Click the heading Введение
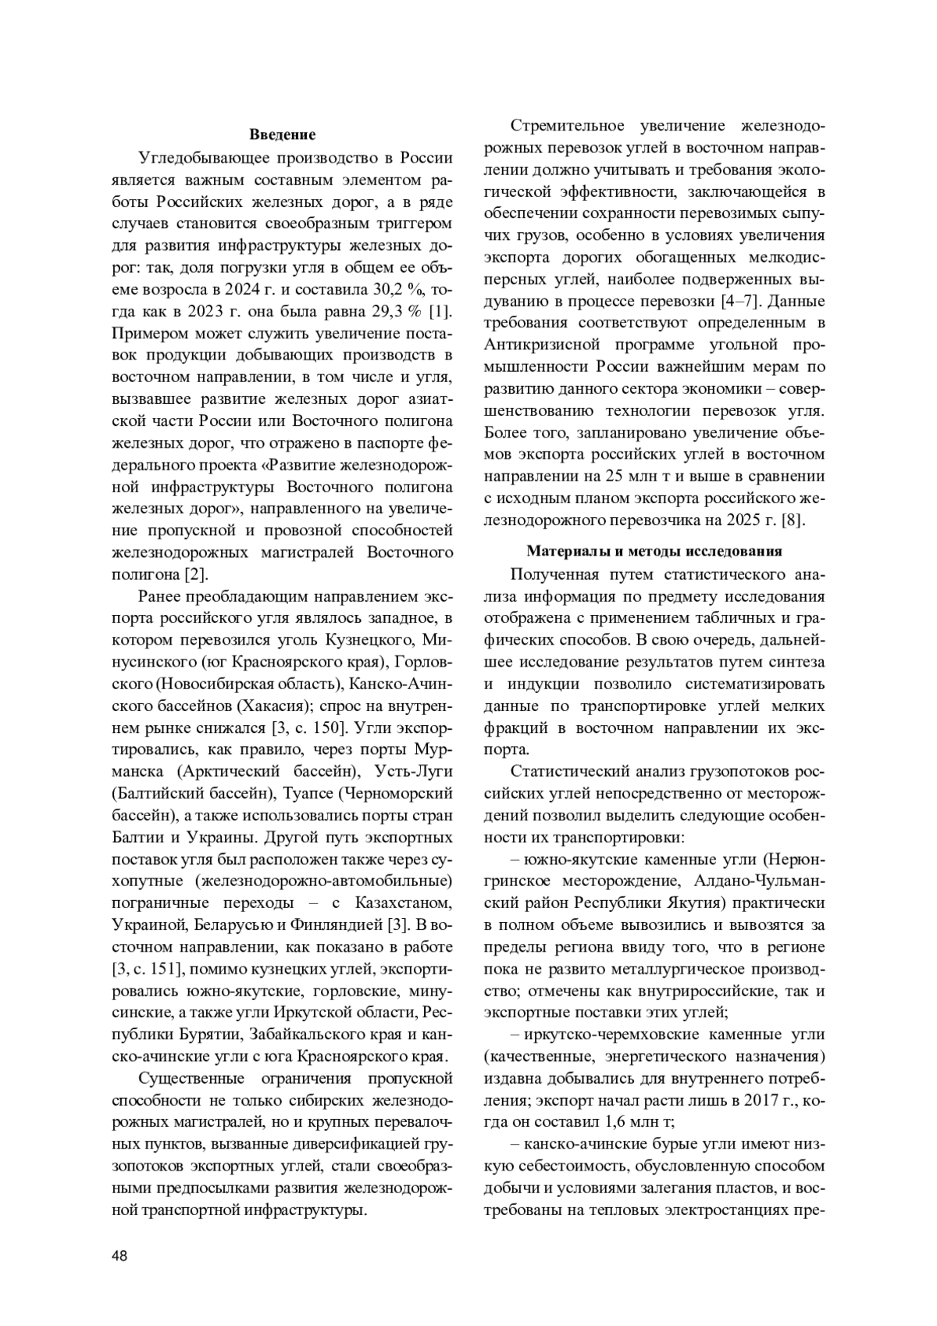coord(283,135)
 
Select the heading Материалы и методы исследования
coord(654,551)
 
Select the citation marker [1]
coord(440,311)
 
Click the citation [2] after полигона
coord(195,574)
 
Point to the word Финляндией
coord(344,925)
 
